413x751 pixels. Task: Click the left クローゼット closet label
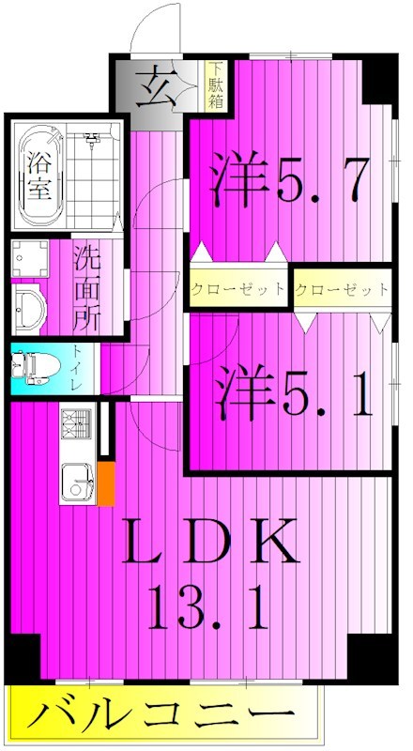point(238,289)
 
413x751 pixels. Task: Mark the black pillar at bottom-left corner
point(23,653)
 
